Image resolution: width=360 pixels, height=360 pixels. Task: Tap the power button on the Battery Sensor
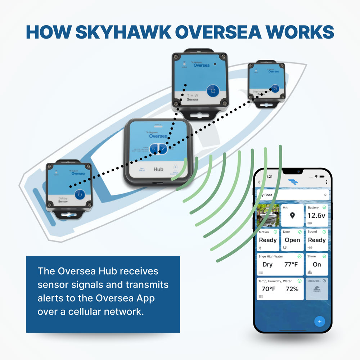tap(80, 195)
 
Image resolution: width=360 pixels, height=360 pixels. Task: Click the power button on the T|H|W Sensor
tap(213, 91)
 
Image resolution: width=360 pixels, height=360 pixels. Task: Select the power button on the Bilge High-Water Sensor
tap(275, 89)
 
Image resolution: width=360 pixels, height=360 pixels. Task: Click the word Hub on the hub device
tap(158, 169)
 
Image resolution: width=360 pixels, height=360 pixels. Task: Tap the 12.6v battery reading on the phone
tap(316, 216)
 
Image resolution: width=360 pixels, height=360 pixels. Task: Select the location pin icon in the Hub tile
tap(292, 216)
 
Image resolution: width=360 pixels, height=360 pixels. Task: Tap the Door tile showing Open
tap(292, 239)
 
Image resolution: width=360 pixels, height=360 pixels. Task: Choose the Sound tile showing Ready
tap(317, 239)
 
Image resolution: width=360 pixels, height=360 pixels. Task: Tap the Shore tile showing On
tap(317, 264)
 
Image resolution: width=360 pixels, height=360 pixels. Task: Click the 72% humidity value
tap(292, 289)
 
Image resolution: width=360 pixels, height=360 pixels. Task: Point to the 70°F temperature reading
tap(269, 289)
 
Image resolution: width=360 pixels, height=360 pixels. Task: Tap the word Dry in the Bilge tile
tap(267, 265)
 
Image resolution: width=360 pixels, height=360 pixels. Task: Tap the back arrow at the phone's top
tap(259, 182)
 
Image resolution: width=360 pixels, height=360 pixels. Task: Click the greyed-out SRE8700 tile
tap(317, 289)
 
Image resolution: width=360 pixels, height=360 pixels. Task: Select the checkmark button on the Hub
tap(163, 149)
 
